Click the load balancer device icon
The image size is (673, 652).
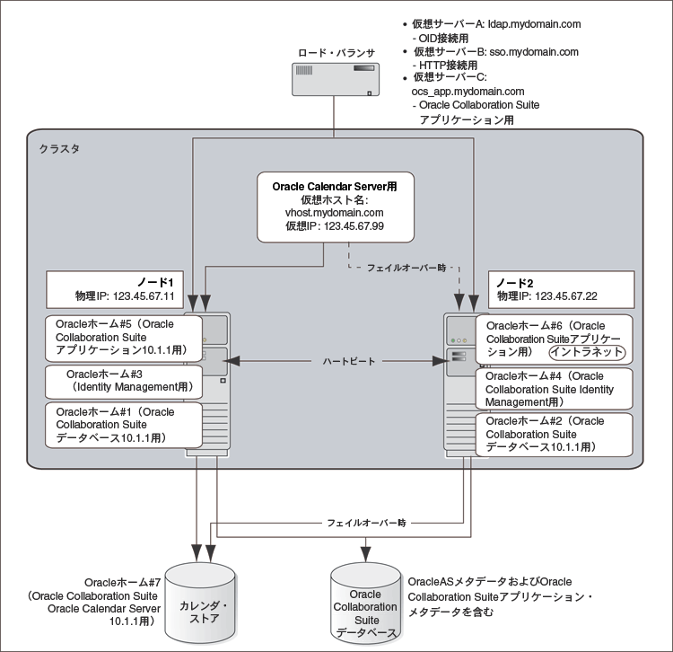[x=333, y=82]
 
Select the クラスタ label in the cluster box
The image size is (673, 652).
[x=58, y=149]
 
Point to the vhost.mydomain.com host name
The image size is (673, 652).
[x=335, y=213]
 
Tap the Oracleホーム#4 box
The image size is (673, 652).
[x=554, y=389]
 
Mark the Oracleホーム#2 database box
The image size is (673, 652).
[x=554, y=433]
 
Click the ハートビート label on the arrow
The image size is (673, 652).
[x=337, y=361]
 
